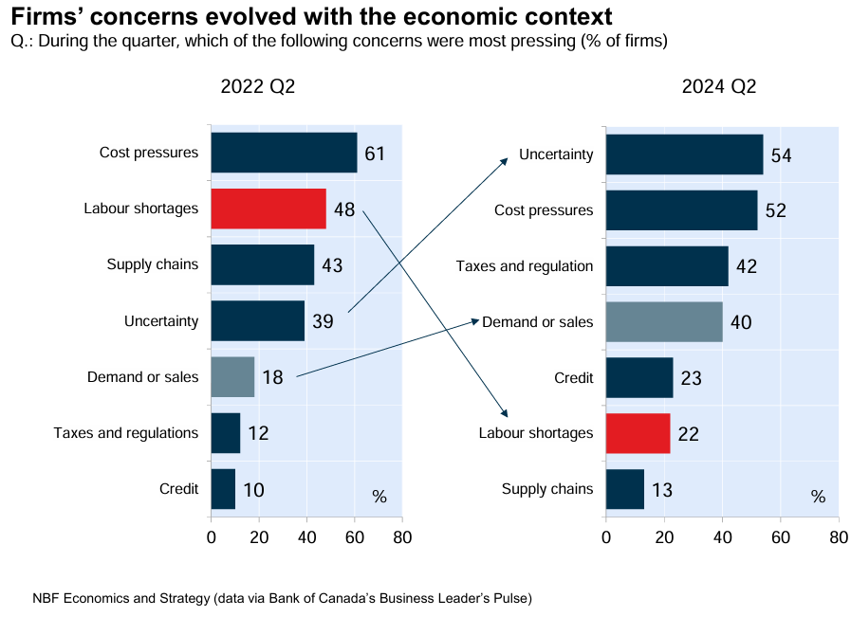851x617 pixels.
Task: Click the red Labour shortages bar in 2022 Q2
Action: (x=268, y=209)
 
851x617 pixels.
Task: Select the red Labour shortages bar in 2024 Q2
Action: (x=638, y=433)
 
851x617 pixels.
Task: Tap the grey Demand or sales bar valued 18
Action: (x=232, y=377)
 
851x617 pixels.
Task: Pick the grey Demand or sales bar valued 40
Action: (x=664, y=321)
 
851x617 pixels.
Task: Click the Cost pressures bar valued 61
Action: (x=284, y=153)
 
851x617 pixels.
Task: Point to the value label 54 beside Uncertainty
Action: (x=781, y=155)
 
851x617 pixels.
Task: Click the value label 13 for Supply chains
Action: (x=662, y=491)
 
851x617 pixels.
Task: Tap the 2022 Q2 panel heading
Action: (x=258, y=86)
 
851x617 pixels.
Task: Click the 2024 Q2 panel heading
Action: (x=719, y=86)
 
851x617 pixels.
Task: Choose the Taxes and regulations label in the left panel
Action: (x=126, y=433)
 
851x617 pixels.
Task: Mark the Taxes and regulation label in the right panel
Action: (x=525, y=266)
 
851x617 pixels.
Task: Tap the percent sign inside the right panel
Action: (x=818, y=497)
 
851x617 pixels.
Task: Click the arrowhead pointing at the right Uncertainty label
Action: (x=506, y=162)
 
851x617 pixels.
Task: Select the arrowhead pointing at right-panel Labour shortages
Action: (x=506, y=412)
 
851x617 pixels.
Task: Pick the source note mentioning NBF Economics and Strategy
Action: (x=282, y=599)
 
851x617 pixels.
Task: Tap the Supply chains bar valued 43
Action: (x=263, y=264)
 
